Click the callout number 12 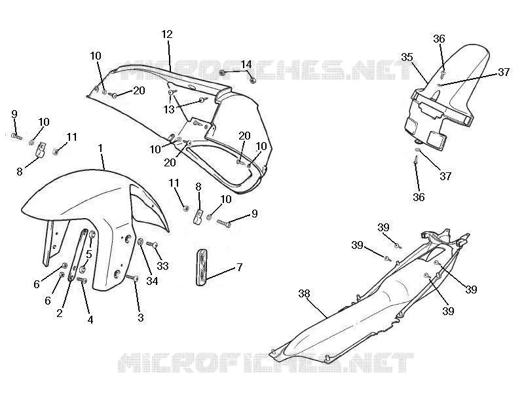167,34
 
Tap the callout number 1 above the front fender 100,147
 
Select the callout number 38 304,293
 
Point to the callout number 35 407,57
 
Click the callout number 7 239,267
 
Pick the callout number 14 246,64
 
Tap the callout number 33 162,266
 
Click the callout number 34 152,281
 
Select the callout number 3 141,318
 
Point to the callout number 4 90,320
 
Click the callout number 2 60,313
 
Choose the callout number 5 89,254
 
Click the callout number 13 169,109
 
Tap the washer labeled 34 141,242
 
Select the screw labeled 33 153,244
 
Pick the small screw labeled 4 82,280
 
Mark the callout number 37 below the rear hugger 445,176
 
